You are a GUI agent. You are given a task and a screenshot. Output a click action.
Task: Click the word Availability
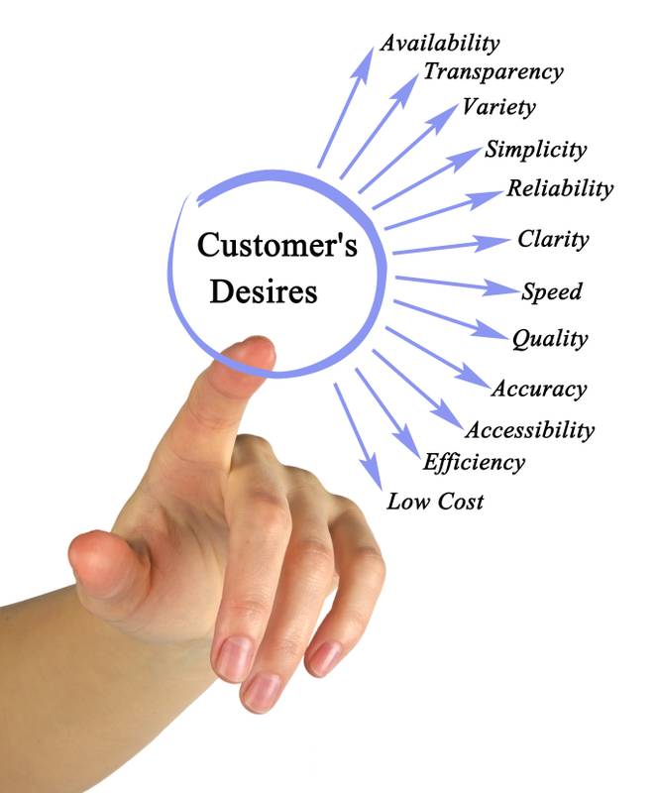click(x=440, y=43)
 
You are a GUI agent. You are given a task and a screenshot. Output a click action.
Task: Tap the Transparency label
click(x=493, y=71)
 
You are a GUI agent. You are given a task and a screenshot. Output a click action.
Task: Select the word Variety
click(x=498, y=107)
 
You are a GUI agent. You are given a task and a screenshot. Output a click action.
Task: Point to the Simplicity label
click(x=535, y=151)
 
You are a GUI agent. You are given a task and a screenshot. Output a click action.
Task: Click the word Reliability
click(x=560, y=188)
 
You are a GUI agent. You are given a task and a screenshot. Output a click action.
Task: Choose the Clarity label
click(x=553, y=240)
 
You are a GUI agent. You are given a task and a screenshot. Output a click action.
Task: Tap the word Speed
click(x=551, y=292)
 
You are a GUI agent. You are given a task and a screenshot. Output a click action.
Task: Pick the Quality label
click(x=549, y=340)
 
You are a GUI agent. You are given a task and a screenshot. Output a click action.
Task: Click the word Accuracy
click(x=539, y=389)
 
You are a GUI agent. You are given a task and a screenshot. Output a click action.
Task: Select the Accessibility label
click(x=529, y=430)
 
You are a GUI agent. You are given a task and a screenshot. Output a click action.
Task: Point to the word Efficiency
click(x=474, y=462)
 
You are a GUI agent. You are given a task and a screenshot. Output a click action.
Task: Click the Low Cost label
click(x=435, y=502)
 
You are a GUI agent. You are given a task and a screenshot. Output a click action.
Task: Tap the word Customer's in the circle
click(x=277, y=245)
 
